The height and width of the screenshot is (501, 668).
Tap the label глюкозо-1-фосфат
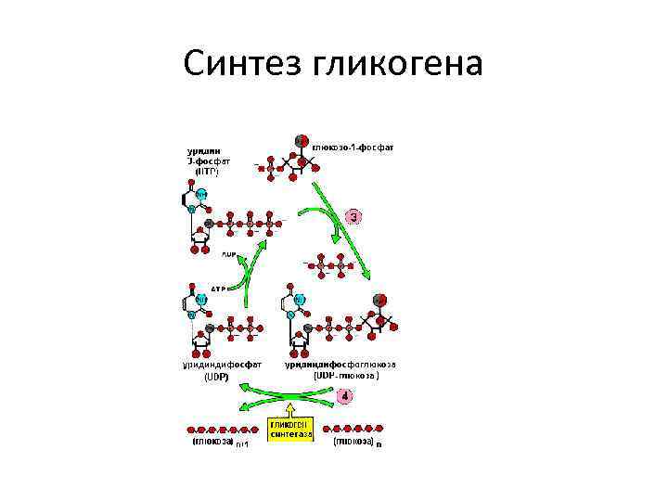point(353,148)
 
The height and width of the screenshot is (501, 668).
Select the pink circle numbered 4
point(345,396)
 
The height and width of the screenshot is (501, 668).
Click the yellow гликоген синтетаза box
point(291,429)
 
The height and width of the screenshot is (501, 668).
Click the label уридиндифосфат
point(222,365)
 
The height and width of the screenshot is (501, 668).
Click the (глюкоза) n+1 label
point(218,443)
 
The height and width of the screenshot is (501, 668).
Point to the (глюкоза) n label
point(357,443)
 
